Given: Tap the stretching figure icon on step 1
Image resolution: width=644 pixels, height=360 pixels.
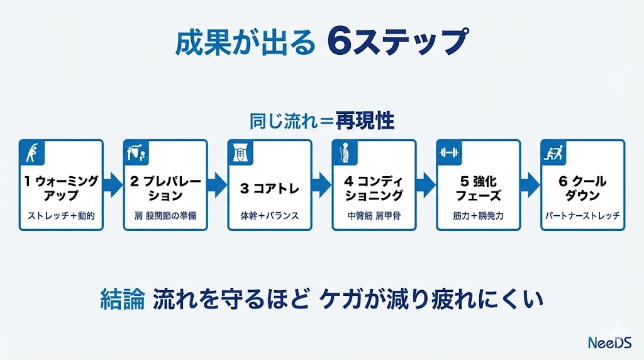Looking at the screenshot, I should [32, 152].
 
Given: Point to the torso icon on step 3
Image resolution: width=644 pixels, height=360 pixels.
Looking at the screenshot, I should [240, 152].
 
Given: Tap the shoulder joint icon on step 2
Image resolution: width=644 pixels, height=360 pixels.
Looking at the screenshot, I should [136, 152].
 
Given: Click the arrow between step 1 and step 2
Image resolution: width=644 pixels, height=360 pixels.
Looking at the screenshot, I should [113, 184].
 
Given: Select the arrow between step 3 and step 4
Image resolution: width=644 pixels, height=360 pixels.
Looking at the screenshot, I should [321, 184].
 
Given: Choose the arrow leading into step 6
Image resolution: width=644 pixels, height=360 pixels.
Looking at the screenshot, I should [530, 184].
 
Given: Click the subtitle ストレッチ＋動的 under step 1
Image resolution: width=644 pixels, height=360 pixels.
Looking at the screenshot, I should [61, 215].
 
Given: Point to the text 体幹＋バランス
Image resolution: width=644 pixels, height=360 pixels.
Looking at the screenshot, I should [269, 215].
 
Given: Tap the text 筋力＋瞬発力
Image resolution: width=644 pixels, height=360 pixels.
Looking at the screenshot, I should [478, 215].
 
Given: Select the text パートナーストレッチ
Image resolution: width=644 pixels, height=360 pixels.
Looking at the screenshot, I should [582, 215].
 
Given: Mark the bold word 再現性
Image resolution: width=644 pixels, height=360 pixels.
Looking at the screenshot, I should [365, 120].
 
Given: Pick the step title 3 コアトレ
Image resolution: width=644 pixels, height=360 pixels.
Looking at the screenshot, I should [269, 188].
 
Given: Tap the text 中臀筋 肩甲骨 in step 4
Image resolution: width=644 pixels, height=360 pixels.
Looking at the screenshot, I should [374, 215].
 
